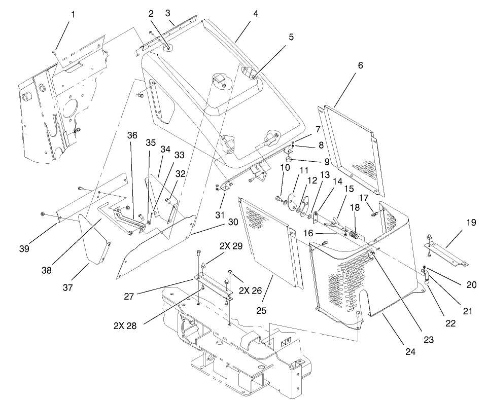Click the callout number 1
pyautogui.click(x=73, y=15)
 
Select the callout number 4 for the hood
pyautogui.click(x=256, y=14)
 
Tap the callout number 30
pyautogui.click(x=233, y=222)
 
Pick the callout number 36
pyautogui.click(x=132, y=136)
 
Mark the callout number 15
pyautogui.click(x=349, y=189)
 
